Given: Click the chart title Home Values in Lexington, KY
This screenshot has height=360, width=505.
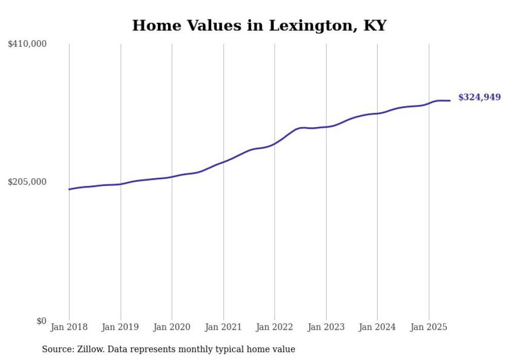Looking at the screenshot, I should [259, 25].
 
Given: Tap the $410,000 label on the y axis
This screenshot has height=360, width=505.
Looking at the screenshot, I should [27, 44].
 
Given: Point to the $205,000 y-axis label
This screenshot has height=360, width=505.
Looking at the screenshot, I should [27, 182].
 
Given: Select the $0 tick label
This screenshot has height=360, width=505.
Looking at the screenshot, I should [41, 321].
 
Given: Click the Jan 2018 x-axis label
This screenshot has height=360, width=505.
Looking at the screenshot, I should [69, 327].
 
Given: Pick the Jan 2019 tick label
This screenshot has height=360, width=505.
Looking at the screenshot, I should [120, 327].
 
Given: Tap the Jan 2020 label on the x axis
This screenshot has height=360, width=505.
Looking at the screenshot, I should [172, 327].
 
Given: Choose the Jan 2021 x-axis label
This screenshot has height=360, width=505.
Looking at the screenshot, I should [223, 327].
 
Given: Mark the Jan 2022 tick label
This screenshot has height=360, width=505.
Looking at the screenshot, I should [275, 327].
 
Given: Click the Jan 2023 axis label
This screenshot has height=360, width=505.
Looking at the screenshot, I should [326, 327].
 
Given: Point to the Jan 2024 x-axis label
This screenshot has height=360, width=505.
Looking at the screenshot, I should [377, 327].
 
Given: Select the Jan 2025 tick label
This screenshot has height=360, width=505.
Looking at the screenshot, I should [429, 327].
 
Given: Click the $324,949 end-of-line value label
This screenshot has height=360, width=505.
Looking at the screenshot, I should [479, 97].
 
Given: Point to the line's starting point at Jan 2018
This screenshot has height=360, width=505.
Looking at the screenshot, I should [69, 190].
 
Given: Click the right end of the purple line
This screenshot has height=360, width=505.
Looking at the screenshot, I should [450, 100].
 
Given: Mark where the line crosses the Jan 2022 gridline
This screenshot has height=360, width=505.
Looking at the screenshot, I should [275, 144].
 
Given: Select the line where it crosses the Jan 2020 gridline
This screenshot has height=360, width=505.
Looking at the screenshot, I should [172, 177].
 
